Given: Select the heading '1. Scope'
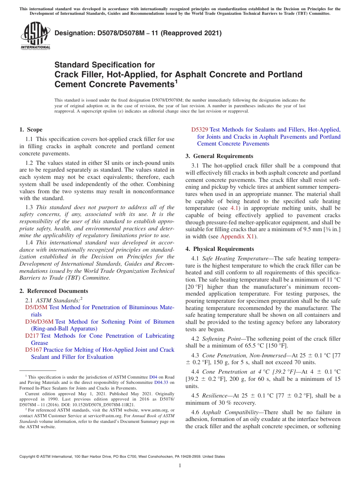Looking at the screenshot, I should tap(31, 130).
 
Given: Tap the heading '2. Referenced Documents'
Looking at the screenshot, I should tap(54, 291).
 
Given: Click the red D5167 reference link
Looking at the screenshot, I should tap(33, 350).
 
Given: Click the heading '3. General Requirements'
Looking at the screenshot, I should tap(219, 156).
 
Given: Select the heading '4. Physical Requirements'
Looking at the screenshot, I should tap(220, 249).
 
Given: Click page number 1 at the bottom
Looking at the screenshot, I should tap(180, 465).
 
